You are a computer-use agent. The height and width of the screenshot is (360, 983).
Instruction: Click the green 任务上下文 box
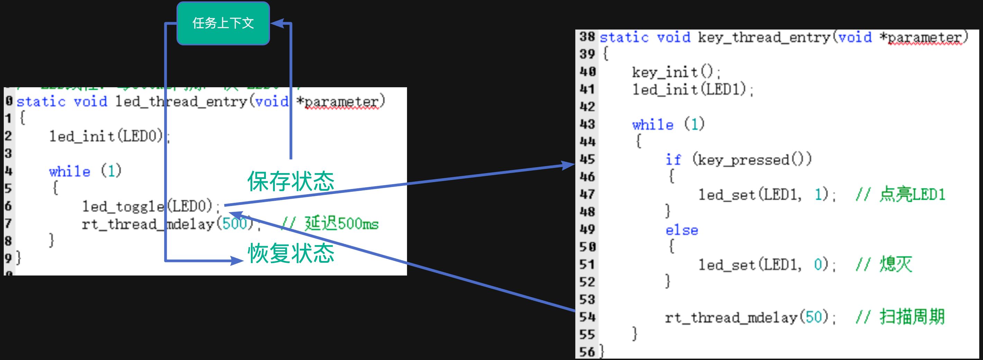point(223,23)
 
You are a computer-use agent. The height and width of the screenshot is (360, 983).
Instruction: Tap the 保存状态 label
point(291,181)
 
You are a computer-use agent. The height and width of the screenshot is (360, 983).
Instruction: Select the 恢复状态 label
point(291,253)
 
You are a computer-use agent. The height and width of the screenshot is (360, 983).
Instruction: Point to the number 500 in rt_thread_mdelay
point(234,223)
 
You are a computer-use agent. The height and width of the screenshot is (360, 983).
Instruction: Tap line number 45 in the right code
point(587,159)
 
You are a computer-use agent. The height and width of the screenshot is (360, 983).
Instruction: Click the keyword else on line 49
point(682,230)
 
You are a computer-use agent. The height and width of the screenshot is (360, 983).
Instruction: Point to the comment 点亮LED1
point(912,195)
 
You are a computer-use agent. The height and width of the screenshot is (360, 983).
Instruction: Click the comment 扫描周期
point(912,317)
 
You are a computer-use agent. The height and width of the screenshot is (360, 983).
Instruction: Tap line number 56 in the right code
point(587,352)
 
